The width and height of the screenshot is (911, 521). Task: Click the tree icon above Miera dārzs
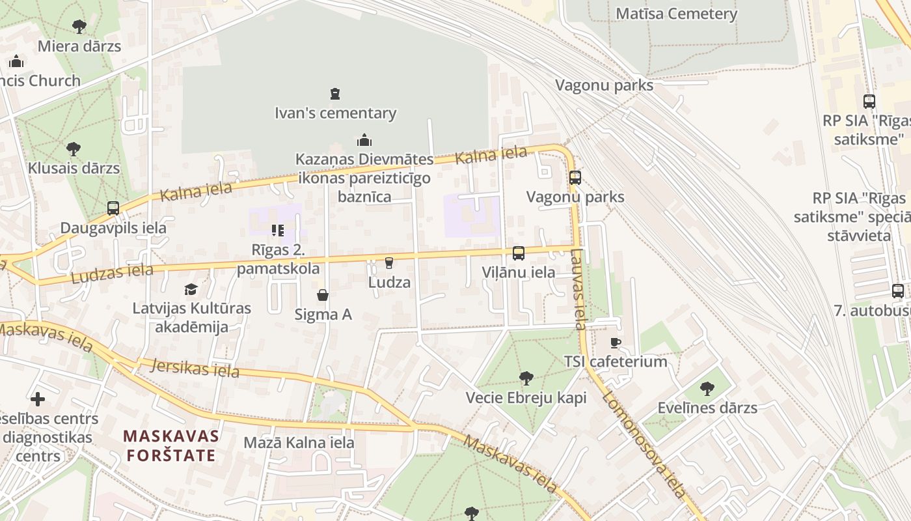point(79,27)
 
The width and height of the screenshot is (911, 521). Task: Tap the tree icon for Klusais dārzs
point(74,149)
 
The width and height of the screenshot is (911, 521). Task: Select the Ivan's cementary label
point(335,113)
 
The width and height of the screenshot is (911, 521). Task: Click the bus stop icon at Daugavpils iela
point(113,208)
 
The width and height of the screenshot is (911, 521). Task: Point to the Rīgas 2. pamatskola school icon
point(278,231)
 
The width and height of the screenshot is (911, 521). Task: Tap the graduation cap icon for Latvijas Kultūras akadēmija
point(191,289)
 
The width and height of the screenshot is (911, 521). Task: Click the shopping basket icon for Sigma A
point(323,296)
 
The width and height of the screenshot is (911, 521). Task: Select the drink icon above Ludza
point(389,263)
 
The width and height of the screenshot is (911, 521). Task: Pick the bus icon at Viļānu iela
point(519,253)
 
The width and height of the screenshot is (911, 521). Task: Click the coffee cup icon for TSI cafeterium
point(616,343)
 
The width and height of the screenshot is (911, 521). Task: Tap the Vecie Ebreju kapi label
point(526,397)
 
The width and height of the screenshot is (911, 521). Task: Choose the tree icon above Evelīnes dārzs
point(707,389)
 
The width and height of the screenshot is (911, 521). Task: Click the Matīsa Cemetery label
point(676,14)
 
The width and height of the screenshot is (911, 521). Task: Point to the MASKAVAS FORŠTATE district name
point(171,445)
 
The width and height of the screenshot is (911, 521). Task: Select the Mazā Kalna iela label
point(299,443)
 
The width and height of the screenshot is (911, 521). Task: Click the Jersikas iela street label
point(195,369)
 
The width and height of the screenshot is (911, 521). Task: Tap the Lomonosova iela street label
point(644,444)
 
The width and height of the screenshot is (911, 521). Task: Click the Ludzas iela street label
point(112,274)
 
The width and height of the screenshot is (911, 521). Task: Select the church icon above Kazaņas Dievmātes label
point(364,140)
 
